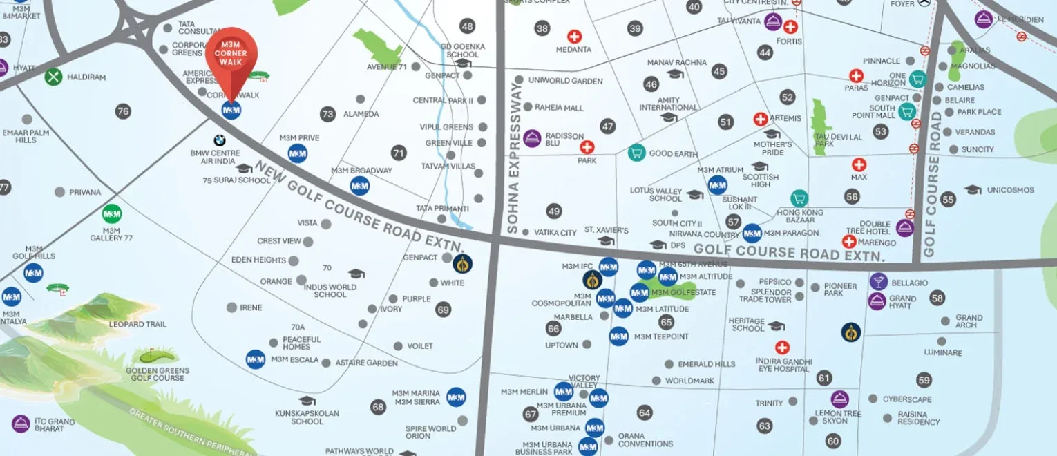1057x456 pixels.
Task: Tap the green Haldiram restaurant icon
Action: [x=54, y=77]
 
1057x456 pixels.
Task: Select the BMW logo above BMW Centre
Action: [x=220, y=140]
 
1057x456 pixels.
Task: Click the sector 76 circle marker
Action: [x=123, y=111]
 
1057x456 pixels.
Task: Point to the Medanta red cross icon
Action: [x=574, y=37]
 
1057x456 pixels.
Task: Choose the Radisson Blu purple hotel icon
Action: [x=531, y=138]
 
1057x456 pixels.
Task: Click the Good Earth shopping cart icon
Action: [x=636, y=153]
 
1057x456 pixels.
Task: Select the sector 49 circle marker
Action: [x=554, y=211]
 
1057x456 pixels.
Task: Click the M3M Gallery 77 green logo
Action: [x=111, y=213]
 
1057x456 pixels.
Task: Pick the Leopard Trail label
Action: [x=137, y=324]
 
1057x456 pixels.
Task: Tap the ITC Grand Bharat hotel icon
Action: [x=21, y=424]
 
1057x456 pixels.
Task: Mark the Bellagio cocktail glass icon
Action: [x=878, y=281]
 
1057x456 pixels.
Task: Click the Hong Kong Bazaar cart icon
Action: [x=799, y=198]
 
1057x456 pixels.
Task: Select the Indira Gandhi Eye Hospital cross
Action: [x=782, y=348]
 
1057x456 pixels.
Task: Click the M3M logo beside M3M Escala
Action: [x=256, y=359]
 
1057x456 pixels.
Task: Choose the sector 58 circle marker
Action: [x=937, y=298]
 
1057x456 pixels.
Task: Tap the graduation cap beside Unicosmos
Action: [x=973, y=189]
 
